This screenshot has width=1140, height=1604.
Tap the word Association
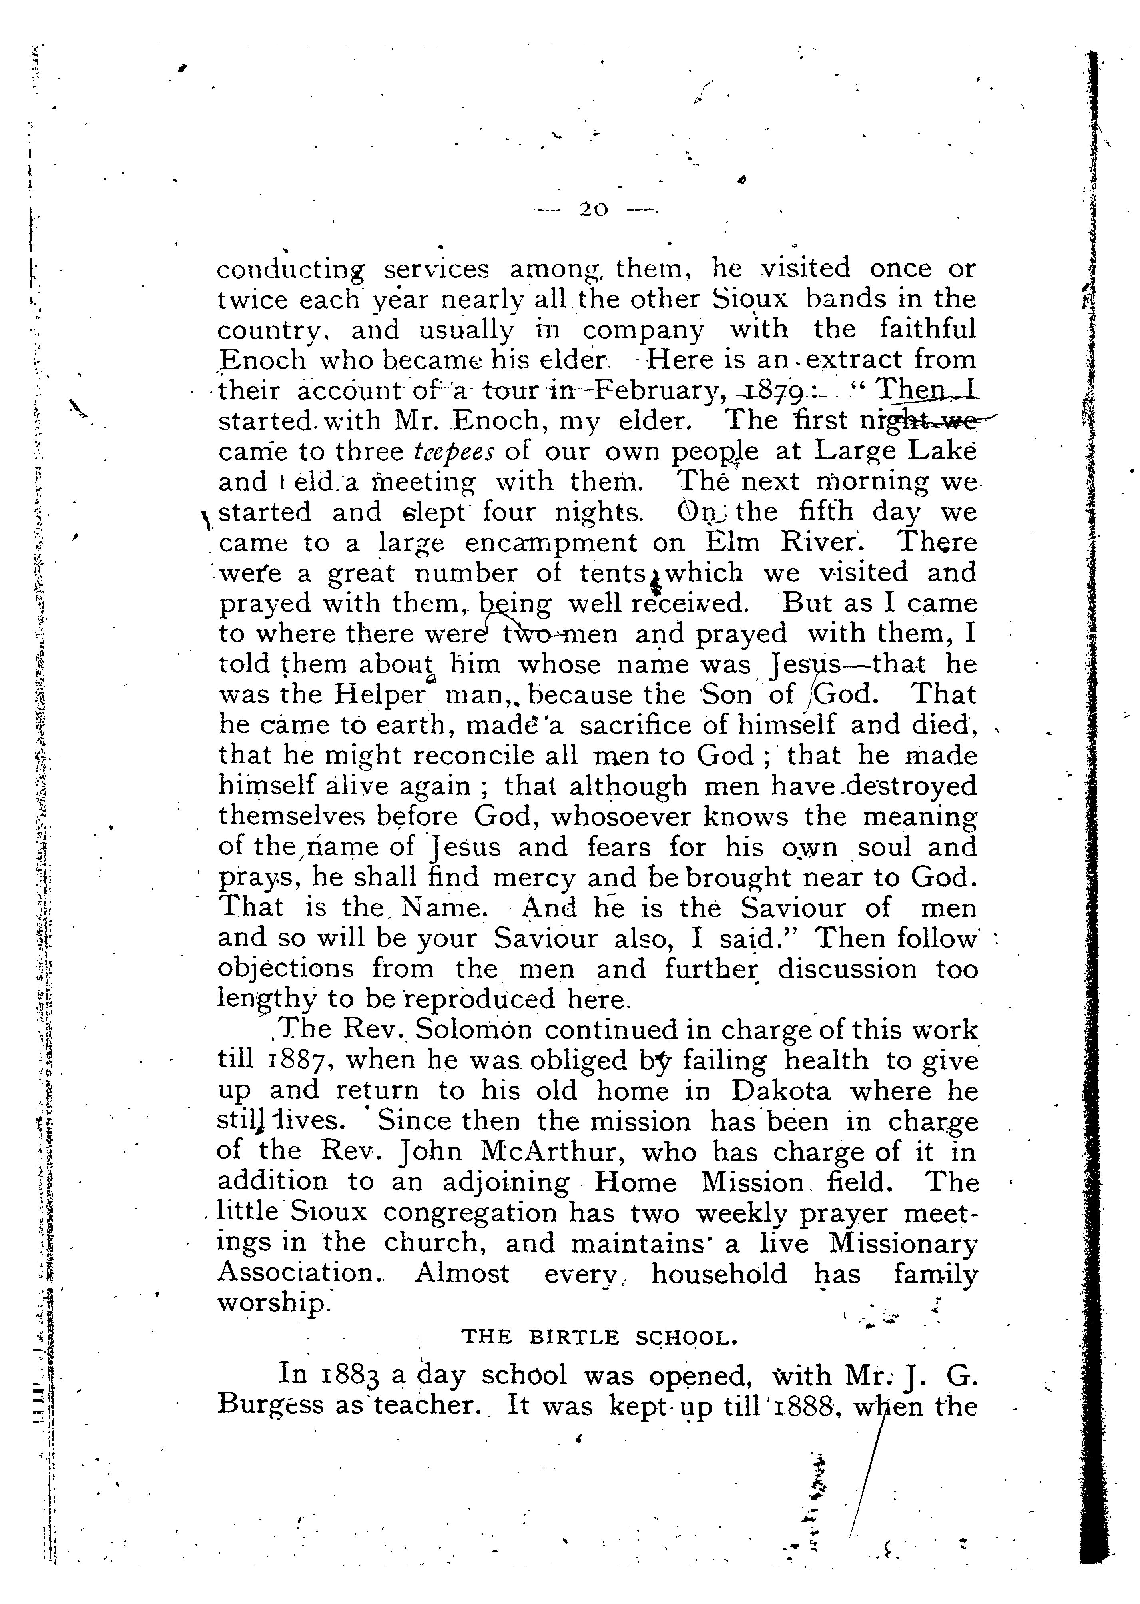pyautogui.click(x=298, y=1273)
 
